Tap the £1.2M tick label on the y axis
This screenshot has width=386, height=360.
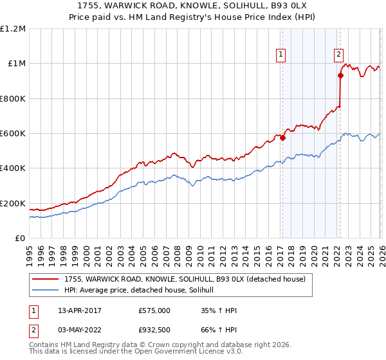(x=13, y=29)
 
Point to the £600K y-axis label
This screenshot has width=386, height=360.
(x=13, y=134)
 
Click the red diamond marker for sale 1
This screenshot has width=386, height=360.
(x=282, y=138)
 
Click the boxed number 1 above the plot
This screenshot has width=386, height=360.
(x=282, y=56)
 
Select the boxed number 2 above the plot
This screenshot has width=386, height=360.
(x=338, y=56)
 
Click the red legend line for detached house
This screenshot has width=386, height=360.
(x=45, y=279)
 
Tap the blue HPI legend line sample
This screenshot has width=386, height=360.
(x=45, y=291)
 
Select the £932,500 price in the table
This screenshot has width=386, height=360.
(x=154, y=330)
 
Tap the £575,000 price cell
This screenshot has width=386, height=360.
(x=154, y=310)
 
